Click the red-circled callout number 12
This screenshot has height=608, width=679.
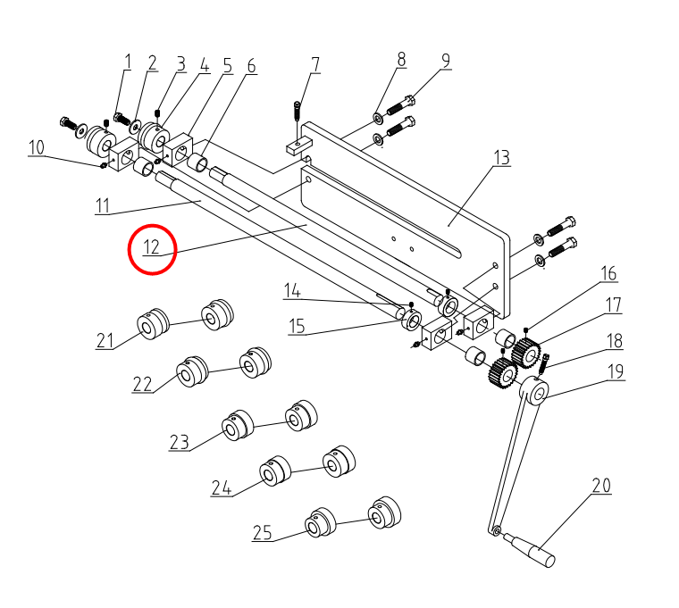tap(152, 246)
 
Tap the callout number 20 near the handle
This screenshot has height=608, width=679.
tap(601, 487)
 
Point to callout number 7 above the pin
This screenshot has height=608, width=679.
tap(315, 64)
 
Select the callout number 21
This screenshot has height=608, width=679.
tap(106, 340)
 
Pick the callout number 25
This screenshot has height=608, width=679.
tap(262, 533)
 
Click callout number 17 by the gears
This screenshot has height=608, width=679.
tap(613, 305)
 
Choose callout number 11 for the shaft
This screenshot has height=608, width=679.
tap(104, 206)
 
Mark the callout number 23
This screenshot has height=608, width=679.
tap(180, 442)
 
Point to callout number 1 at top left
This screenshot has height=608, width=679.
tap(128, 62)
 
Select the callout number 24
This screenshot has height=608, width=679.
tap(222, 487)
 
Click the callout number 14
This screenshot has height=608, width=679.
tap(293, 290)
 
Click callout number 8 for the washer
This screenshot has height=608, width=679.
tap(401, 60)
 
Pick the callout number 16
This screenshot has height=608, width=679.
tap(608, 273)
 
